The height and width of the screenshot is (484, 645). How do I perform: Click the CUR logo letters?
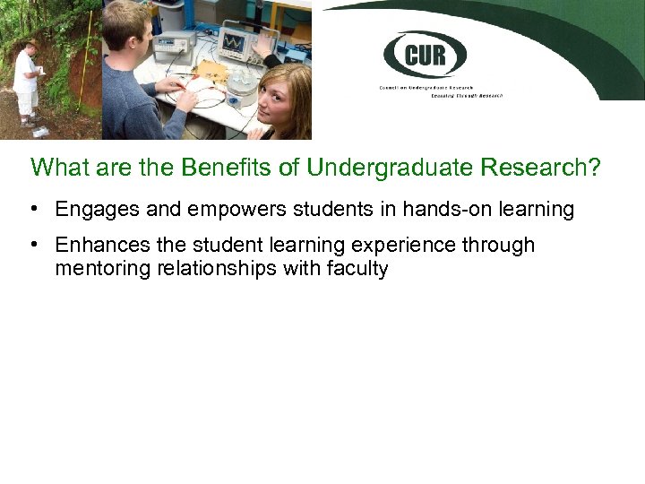[424, 55]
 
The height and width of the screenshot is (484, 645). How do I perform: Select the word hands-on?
[417, 210]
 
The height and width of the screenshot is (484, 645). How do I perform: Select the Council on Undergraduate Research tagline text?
[439, 91]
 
